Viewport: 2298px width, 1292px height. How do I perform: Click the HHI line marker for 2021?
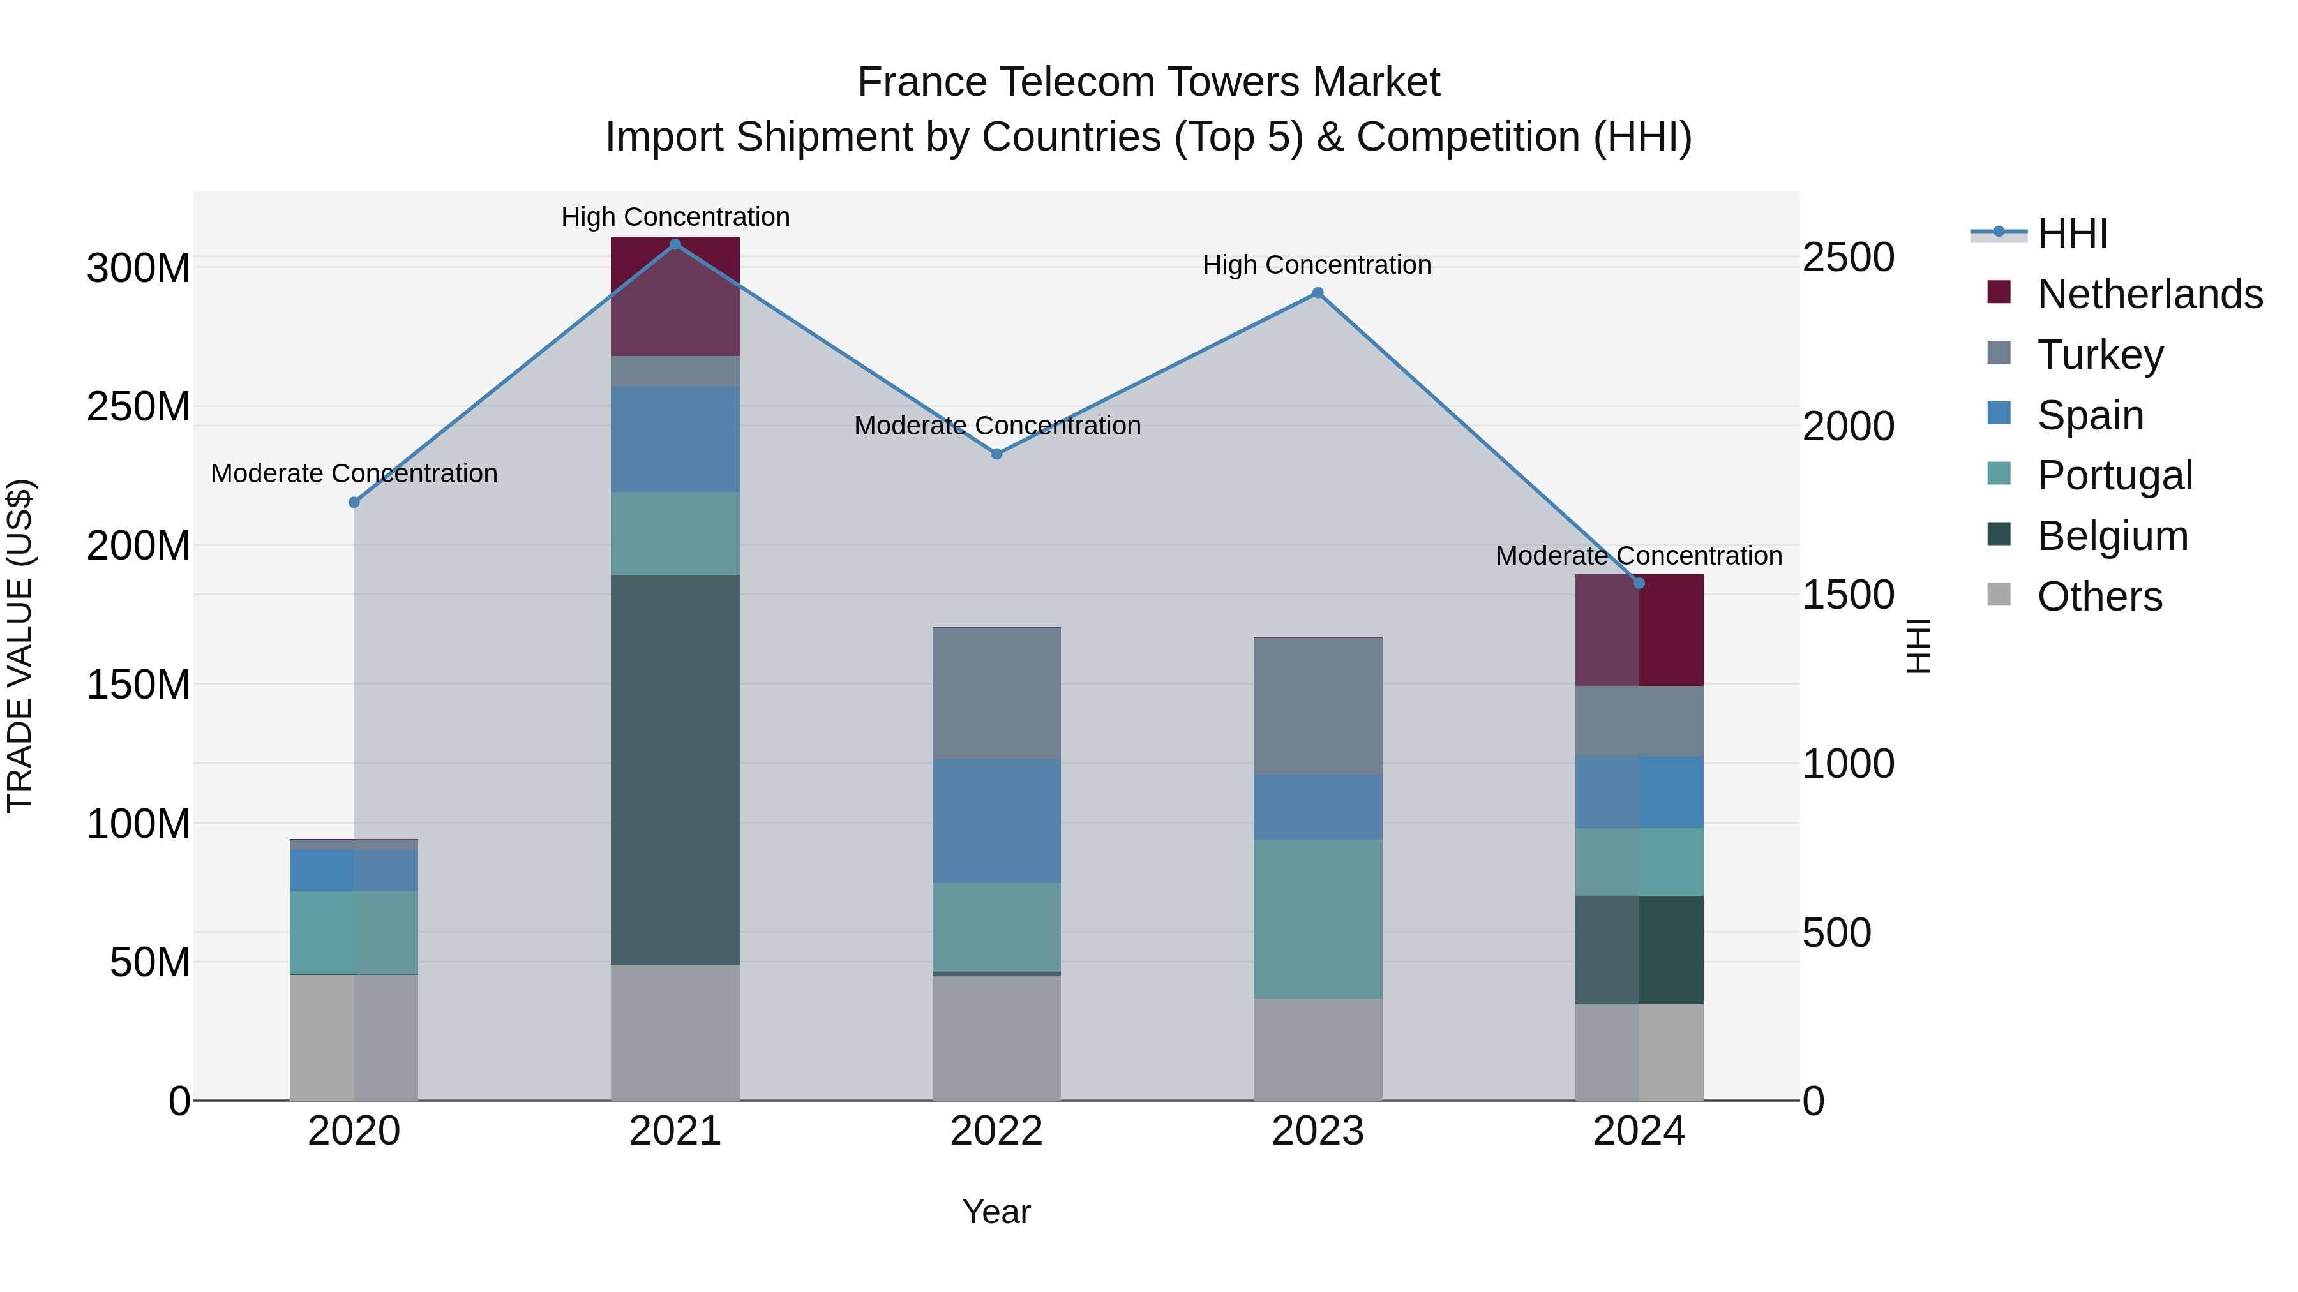click(675, 244)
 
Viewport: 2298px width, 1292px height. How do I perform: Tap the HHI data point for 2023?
click(1318, 293)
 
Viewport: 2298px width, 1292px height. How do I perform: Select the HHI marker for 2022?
click(996, 454)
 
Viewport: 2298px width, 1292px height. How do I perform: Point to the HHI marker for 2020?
click(354, 503)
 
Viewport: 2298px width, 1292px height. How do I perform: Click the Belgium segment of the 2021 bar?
click(675, 769)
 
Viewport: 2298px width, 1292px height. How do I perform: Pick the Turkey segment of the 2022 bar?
click(996, 694)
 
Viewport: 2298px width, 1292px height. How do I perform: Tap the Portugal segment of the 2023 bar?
click(1318, 918)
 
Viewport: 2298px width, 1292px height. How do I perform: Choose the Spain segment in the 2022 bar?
click(996, 821)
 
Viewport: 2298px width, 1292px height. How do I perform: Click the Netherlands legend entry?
click(2149, 294)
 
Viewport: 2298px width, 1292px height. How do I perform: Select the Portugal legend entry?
click(2114, 475)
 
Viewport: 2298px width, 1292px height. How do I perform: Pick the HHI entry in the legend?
click(2071, 234)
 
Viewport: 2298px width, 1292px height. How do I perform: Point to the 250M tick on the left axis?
click(139, 406)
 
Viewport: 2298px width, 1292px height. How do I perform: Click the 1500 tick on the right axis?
click(1849, 595)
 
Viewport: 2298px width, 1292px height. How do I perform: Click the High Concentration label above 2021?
click(675, 217)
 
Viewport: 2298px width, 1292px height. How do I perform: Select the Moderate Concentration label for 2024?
click(1639, 556)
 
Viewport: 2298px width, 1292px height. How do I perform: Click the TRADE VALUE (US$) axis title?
click(20, 646)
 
